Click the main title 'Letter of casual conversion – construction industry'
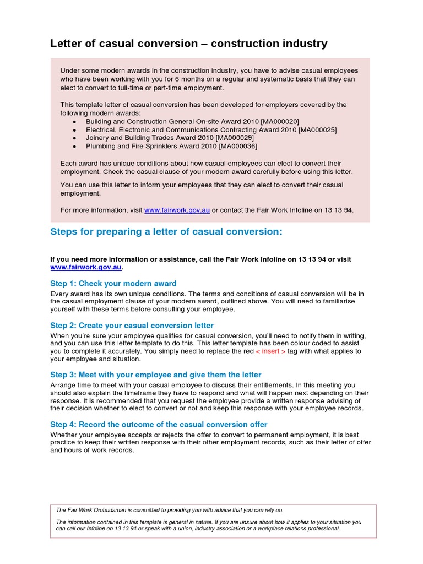click(x=189, y=43)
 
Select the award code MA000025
click(x=317, y=129)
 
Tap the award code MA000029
click(x=235, y=138)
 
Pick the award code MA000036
click(x=238, y=146)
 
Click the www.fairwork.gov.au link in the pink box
click(x=177, y=210)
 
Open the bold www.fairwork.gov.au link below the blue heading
click(x=85, y=267)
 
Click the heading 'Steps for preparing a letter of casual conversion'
click(x=166, y=232)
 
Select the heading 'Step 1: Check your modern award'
click(x=113, y=284)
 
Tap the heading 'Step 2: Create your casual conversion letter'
click(x=132, y=326)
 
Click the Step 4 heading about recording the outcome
click(x=159, y=425)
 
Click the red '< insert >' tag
click(x=271, y=351)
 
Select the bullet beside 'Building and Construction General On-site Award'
click(x=75, y=121)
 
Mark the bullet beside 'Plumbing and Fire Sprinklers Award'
click(x=75, y=146)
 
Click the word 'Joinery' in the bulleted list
click(x=98, y=138)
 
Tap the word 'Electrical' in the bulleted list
click(x=101, y=129)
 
